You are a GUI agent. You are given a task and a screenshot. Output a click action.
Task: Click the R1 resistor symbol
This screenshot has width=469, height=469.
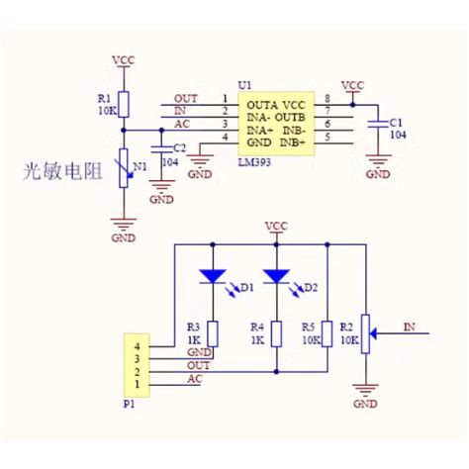coord(124,104)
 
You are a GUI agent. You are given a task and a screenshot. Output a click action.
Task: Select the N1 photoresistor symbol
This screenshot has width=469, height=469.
coord(124,168)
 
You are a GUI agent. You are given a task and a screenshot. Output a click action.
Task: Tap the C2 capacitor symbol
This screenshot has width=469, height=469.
coord(161,149)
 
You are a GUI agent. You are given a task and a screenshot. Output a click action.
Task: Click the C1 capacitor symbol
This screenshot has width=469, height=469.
coord(378,124)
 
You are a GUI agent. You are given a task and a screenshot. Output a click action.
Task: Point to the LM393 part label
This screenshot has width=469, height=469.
coord(254,162)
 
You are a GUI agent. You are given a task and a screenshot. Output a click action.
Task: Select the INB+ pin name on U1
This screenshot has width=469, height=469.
coord(293,143)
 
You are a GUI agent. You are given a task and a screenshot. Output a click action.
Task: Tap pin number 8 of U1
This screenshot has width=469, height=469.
coord(328,98)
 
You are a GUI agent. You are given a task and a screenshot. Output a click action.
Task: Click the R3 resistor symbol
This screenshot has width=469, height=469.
coord(213,333)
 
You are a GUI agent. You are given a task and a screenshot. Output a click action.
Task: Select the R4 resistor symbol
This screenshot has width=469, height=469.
coord(276,333)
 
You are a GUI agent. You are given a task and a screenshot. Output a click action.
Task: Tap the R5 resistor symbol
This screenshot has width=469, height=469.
coord(328,333)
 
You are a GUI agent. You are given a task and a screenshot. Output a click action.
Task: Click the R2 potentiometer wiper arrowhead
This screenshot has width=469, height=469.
coord(373,333)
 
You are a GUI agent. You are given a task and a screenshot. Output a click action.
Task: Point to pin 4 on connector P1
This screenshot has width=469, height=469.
coord(137,346)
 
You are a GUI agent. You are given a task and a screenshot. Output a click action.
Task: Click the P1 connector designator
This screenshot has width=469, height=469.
coord(129,404)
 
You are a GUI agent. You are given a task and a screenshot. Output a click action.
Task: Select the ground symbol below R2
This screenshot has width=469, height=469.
coord(365,390)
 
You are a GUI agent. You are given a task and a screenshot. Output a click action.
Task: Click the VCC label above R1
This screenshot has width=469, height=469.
coord(124,60)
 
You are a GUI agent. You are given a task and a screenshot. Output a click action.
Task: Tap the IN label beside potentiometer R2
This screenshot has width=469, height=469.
coord(410,327)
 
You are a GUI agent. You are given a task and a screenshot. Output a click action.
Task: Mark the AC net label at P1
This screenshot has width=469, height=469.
coord(195,379)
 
